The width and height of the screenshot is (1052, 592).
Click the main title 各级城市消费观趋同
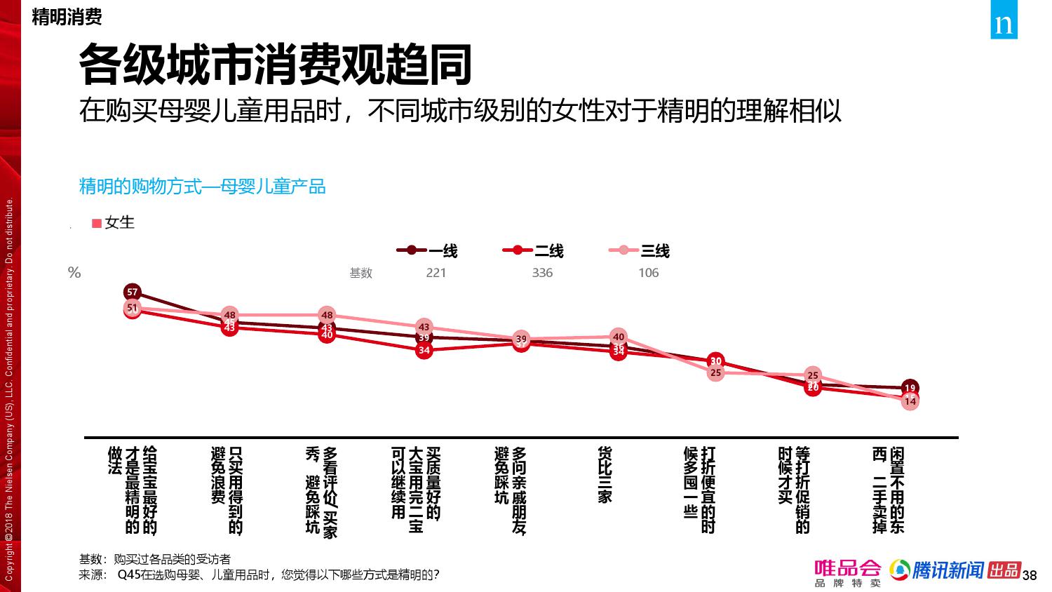click(275, 65)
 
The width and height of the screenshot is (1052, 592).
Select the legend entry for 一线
click(427, 250)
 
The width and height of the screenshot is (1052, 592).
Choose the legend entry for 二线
click(534, 250)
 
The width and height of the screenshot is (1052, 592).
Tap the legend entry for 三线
click(640, 250)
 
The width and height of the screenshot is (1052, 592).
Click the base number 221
click(436, 273)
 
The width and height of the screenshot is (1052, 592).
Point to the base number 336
click(542, 273)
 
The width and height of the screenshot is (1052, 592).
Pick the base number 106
click(648, 273)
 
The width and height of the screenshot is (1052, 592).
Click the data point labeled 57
click(133, 292)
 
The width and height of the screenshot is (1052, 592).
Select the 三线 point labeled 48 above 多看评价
click(327, 315)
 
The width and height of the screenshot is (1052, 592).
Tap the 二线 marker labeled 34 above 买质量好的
click(424, 350)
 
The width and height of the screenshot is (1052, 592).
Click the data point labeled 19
click(910, 388)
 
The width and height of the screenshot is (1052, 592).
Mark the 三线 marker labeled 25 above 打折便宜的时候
click(715, 373)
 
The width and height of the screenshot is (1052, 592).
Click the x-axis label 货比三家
click(605, 475)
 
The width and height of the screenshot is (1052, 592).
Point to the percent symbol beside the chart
click(74, 273)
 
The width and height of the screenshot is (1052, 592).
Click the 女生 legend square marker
click(97, 223)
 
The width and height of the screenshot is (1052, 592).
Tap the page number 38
click(1030, 576)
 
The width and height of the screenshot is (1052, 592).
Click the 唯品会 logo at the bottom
click(847, 572)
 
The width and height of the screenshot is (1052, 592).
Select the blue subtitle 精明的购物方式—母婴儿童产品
click(202, 187)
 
